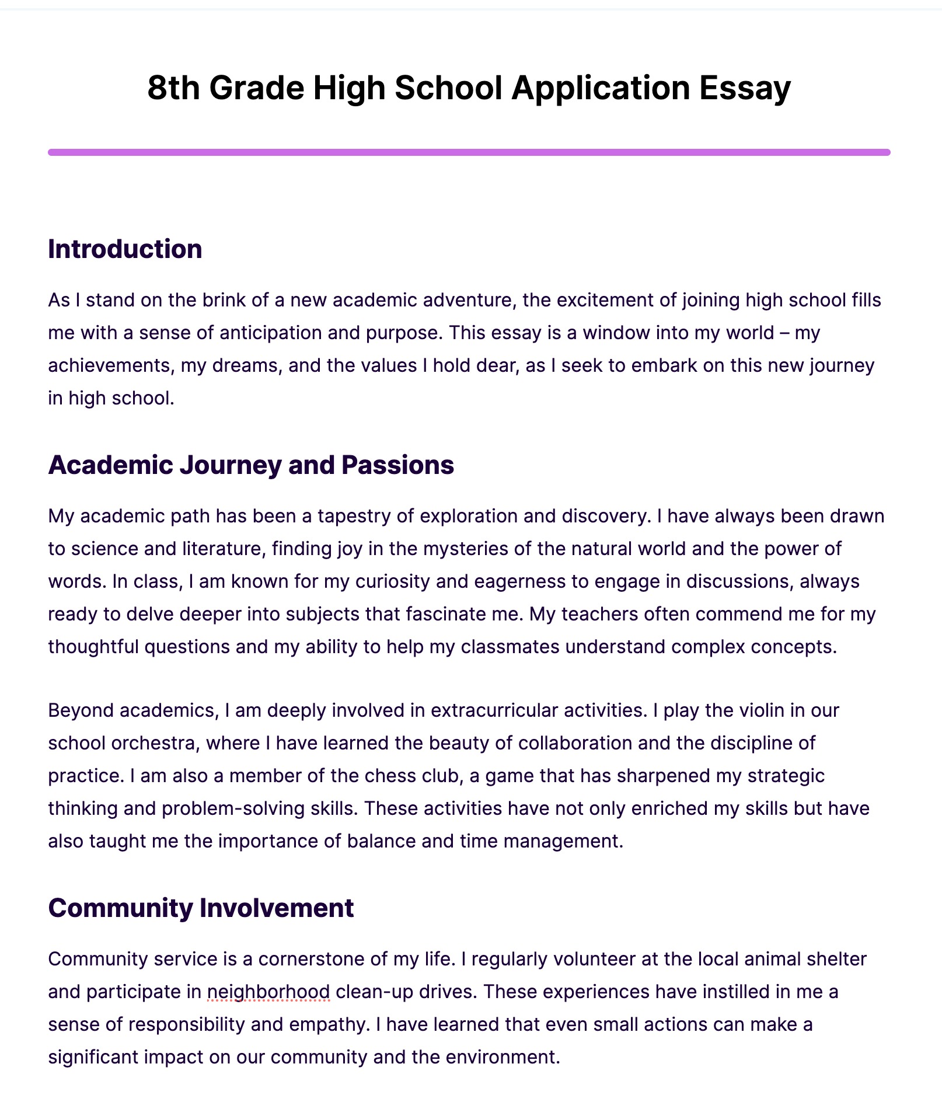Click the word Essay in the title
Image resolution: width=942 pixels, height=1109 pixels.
pyautogui.click(x=745, y=89)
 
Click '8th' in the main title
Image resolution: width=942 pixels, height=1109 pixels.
pyautogui.click(x=173, y=89)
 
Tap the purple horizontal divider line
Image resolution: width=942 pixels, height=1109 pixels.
pyautogui.click(x=469, y=152)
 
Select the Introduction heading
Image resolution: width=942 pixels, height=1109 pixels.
pyautogui.click(x=125, y=249)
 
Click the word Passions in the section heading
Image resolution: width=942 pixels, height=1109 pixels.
pyautogui.click(x=397, y=465)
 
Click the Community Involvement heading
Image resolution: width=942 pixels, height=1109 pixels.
pyautogui.click(x=201, y=908)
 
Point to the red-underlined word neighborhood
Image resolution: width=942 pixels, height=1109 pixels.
pyautogui.click(x=268, y=992)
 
